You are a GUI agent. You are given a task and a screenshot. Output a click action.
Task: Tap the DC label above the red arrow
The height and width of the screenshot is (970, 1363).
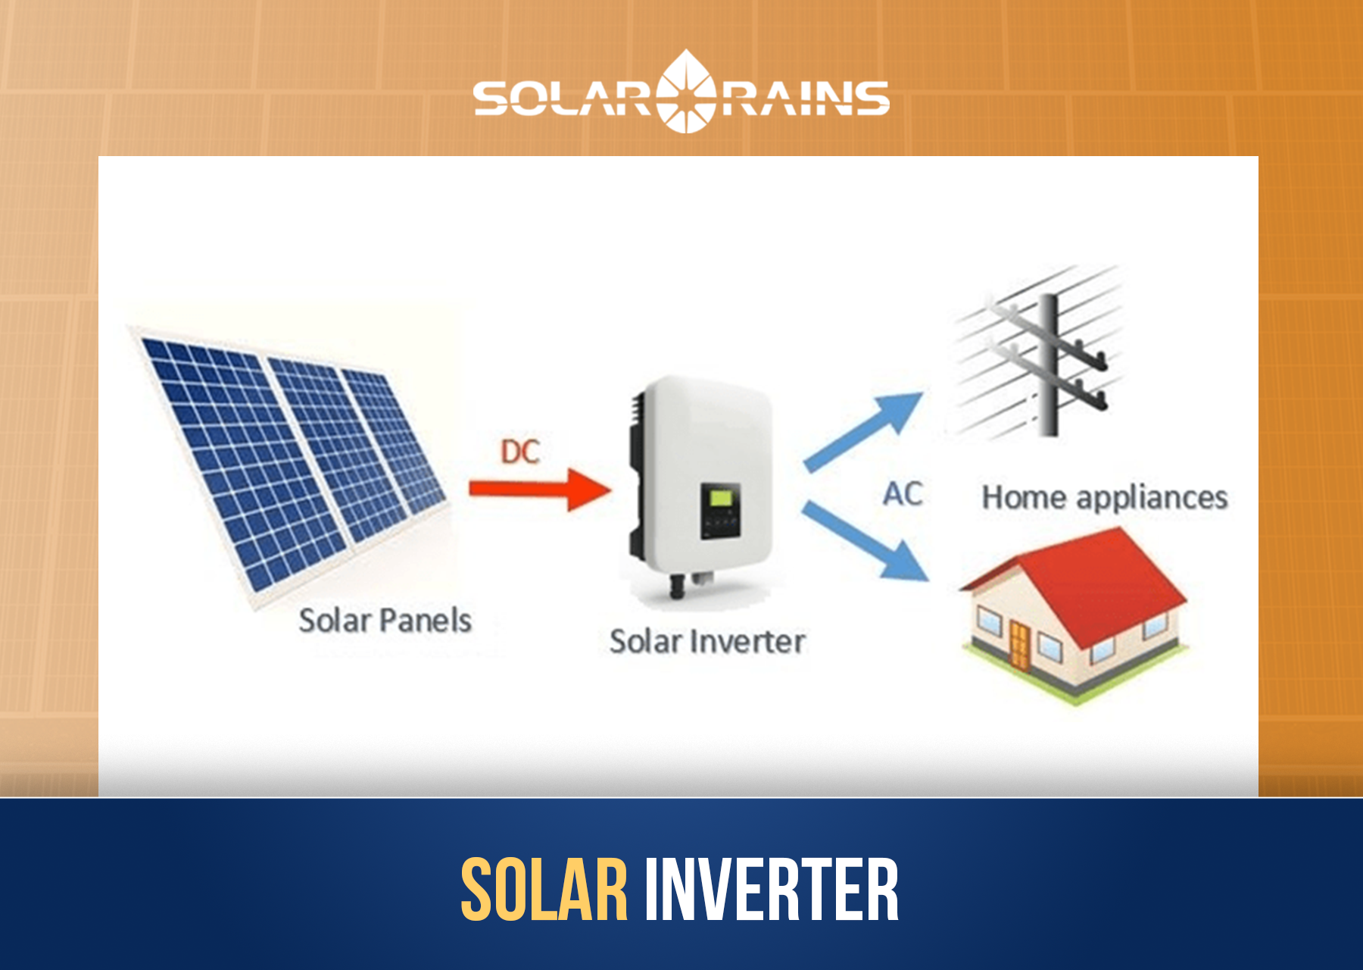coord(520,452)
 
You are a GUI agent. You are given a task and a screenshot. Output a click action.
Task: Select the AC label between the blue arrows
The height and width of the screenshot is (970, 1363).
coord(903,494)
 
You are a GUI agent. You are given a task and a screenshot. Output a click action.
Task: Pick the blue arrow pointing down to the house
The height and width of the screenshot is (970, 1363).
coord(867,542)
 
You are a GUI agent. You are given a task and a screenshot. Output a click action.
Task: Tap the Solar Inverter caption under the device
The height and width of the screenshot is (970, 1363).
coord(707,642)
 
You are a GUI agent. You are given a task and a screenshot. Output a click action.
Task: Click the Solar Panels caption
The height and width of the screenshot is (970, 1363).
coord(385,621)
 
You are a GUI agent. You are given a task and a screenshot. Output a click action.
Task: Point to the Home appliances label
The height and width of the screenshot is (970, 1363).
coord(1105,498)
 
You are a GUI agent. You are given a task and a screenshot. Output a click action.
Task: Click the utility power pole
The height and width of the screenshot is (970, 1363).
coord(1048,364)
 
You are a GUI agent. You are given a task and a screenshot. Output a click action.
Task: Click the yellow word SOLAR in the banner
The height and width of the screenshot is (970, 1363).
coord(544,890)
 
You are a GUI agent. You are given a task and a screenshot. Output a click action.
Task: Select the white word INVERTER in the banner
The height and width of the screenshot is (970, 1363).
coord(771,890)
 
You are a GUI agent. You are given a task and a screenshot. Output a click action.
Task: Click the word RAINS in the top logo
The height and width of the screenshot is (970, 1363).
coord(804,99)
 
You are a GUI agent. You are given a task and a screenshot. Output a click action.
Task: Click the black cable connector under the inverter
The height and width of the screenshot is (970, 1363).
coord(677,586)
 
